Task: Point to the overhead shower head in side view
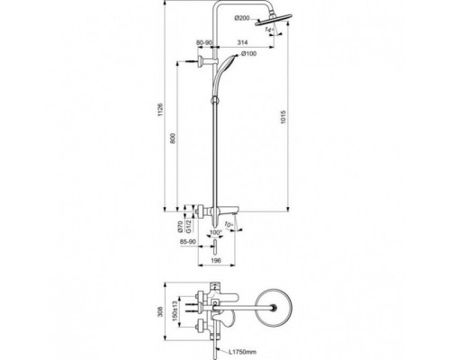click(271, 28)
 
